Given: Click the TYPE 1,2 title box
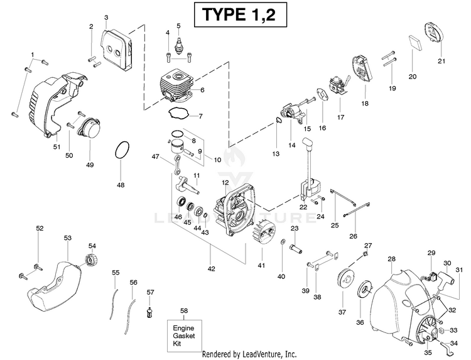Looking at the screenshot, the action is click(x=241, y=14).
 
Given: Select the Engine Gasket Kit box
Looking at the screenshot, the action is click(x=185, y=335).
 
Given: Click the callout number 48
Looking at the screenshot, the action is click(x=121, y=185).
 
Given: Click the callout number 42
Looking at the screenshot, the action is click(x=212, y=269).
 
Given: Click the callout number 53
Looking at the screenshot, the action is click(x=68, y=237).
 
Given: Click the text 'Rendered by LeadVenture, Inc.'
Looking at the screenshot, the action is click(x=249, y=354).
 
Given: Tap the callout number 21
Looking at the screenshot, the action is click(x=441, y=61).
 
